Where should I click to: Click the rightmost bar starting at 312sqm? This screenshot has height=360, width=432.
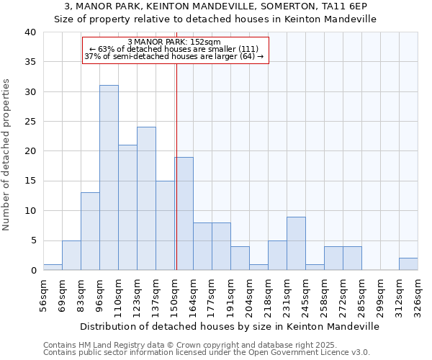pos(408,264)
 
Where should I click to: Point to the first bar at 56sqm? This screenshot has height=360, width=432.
pos(53,267)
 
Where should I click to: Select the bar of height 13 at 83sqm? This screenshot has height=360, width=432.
pos(90,231)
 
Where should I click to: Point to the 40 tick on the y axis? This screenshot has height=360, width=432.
pos(30,32)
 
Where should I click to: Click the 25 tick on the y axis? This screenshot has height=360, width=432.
pos(30,122)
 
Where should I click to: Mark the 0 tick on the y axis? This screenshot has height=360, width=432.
pos(32,271)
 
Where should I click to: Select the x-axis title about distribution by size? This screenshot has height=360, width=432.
pos(230,326)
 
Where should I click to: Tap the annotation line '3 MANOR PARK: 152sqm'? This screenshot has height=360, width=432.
pos(174,42)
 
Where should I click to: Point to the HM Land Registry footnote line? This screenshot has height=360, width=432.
pos(201,345)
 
